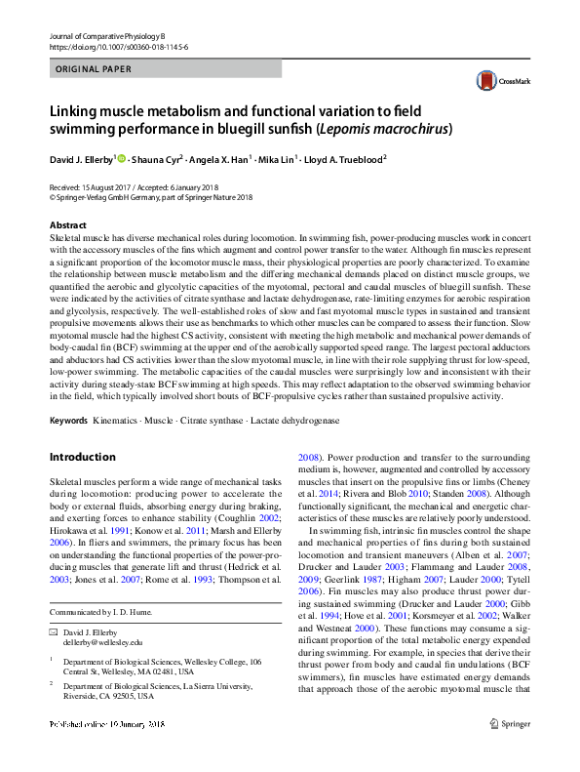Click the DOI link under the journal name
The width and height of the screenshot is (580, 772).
coord(118,46)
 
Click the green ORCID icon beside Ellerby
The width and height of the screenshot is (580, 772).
coord(123,157)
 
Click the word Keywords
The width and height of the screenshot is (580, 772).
coord(69,420)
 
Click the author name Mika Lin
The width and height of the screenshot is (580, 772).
coord(279,158)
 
